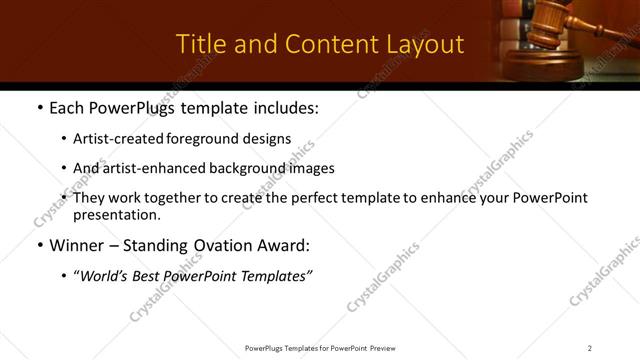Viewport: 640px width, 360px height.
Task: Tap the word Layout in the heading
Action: (x=423, y=44)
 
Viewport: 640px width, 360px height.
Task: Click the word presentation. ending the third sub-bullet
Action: (x=116, y=214)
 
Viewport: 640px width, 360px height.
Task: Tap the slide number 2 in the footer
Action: (x=590, y=347)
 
